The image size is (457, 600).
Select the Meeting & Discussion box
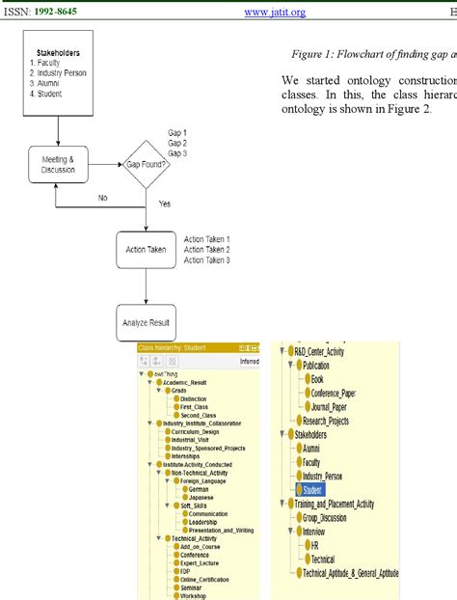57,165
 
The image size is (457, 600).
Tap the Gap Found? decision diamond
145,164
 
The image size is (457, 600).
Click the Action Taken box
146,249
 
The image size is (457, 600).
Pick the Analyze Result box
146,321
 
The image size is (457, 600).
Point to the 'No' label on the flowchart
102,197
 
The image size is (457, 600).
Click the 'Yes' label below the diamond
164,205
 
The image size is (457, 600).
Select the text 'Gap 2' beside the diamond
177,143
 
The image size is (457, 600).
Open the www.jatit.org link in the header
275,12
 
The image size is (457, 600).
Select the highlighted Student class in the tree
312,490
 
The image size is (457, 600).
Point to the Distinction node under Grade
193,397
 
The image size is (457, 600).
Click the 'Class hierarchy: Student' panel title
174,347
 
